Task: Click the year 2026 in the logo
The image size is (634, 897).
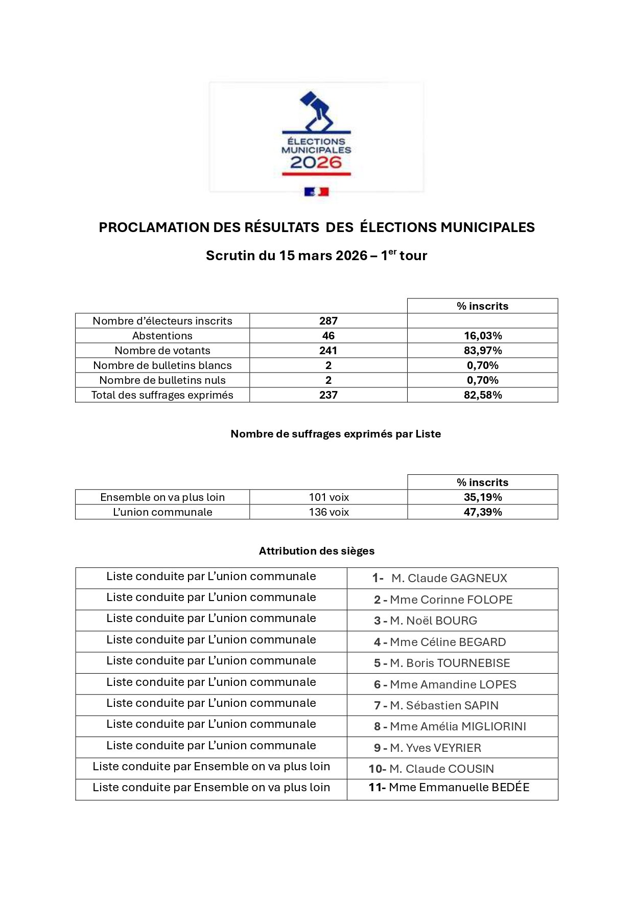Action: tap(316, 163)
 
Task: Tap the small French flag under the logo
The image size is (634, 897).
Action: tap(316, 192)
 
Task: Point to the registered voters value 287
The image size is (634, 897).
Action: tap(328, 321)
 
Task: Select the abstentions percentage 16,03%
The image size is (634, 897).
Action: tap(483, 336)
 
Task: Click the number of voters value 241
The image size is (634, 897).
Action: tap(328, 351)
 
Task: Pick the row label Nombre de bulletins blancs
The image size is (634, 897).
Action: tap(162, 365)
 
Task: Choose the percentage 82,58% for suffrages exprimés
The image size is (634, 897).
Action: tap(483, 395)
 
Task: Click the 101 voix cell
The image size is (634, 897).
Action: tap(328, 497)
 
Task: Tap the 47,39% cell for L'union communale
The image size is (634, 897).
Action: tap(483, 512)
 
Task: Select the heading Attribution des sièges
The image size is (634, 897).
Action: tap(317, 551)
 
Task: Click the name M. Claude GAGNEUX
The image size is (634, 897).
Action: tap(449, 579)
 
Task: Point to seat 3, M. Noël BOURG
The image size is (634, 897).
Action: tap(433, 621)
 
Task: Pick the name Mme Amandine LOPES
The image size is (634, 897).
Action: tap(453, 684)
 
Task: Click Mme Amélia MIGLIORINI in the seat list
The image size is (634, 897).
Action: tap(458, 727)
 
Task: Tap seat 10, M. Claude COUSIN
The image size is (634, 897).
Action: tap(441, 769)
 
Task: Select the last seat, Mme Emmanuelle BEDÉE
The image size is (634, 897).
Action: tap(459, 788)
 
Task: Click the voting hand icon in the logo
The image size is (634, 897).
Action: tap(317, 111)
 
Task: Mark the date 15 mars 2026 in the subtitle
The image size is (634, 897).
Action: tap(323, 256)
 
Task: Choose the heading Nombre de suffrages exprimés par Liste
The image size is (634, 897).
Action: tap(336, 434)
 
